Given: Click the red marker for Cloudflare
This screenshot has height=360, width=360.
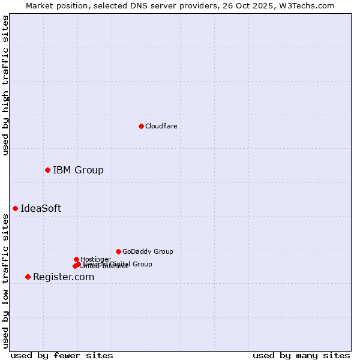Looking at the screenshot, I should click(141, 126).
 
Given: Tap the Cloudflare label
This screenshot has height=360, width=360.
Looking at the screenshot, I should click(161, 126).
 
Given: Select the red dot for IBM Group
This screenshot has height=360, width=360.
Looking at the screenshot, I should click(47, 170).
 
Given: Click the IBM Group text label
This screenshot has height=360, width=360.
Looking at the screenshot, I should click(78, 170).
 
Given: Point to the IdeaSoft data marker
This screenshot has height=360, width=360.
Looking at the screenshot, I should click(15, 208).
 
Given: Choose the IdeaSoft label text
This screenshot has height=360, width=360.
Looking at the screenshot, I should click(41, 209).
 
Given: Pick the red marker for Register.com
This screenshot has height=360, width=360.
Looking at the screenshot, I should click(28, 277).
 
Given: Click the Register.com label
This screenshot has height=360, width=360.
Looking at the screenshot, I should click(64, 277).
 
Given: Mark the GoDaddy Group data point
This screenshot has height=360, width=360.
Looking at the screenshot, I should click(118, 251).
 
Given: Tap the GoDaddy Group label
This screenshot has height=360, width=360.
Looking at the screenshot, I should click(148, 252).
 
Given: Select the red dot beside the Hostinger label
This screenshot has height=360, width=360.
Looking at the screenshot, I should click(76, 259).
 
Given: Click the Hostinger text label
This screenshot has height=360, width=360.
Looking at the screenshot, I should click(95, 259).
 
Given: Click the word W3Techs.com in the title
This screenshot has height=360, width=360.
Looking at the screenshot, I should click(307, 5).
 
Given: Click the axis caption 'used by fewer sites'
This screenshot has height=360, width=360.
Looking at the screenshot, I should click(62, 355).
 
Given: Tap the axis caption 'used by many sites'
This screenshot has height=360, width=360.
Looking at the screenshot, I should click(301, 355).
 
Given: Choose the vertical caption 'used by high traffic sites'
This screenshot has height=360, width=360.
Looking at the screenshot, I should click(6, 85).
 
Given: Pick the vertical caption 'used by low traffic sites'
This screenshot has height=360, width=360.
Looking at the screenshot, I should click(6, 281).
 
